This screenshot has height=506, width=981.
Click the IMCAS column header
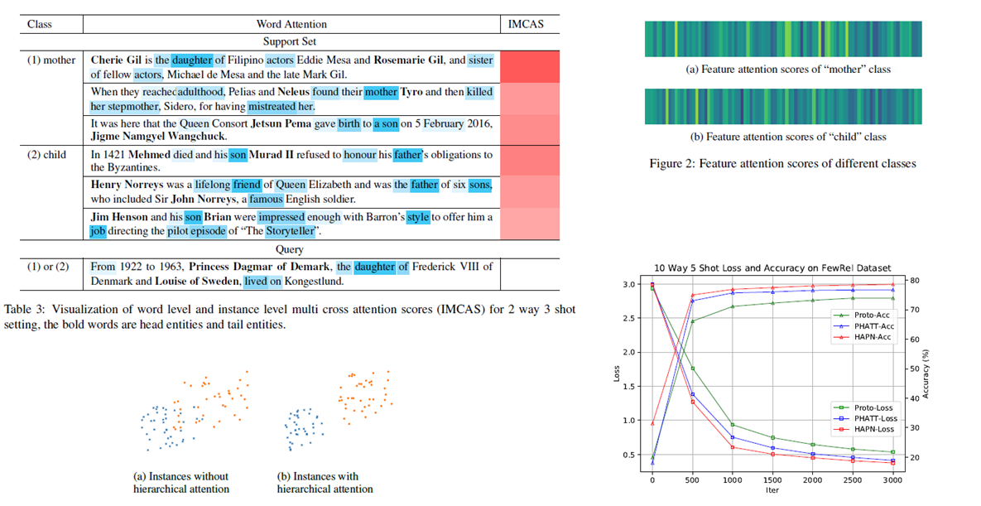pos(526,24)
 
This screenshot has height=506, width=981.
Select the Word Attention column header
pos(291,24)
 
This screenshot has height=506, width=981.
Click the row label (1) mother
pos(52,60)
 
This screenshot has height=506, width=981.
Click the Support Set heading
pos(291,41)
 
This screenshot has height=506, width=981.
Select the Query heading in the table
pos(290,249)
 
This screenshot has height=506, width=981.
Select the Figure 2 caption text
pos(782,164)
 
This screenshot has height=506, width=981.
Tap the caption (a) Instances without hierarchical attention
pos(181,482)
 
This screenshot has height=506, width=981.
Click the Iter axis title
pos(771,490)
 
